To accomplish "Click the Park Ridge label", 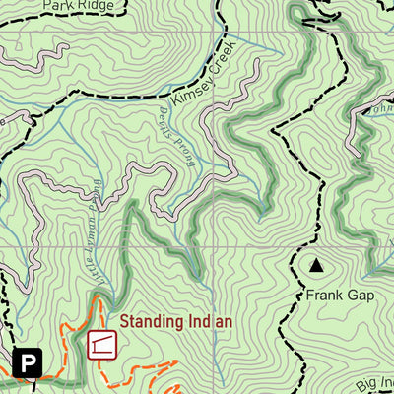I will pyautogui.click(x=80, y=5).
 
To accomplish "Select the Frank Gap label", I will pyautogui.click(x=315, y=295).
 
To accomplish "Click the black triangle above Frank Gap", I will pyautogui.click(x=316, y=265).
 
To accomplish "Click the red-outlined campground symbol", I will pyautogui.click(x=101, y=345).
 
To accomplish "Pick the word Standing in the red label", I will pyautogui.click(x=150, y=321).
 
